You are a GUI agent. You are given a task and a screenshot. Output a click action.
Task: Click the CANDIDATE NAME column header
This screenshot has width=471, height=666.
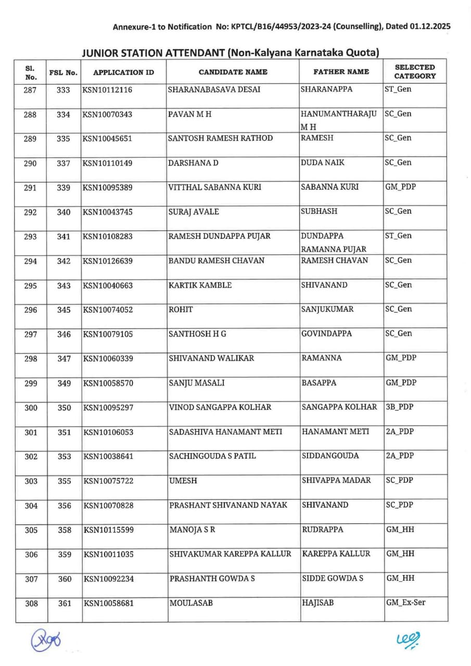coord(233,72)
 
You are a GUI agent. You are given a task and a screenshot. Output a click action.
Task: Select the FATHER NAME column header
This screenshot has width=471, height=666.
coord(341,72)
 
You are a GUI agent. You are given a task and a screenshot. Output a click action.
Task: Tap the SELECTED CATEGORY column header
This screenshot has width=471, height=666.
coord(415,72)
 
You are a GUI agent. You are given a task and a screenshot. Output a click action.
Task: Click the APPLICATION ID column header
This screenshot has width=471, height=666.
coord(124,72)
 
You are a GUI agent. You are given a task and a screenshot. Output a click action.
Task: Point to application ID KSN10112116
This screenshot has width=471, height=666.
coord(108,90)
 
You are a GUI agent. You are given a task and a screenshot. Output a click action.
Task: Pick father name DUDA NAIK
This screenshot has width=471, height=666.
coord(323,163)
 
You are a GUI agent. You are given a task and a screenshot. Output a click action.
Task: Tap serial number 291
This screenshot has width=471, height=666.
coord(31,188)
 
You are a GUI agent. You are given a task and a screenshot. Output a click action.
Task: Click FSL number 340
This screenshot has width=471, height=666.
coord(64,212)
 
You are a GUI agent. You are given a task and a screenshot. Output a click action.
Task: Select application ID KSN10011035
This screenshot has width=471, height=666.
coord(109,555)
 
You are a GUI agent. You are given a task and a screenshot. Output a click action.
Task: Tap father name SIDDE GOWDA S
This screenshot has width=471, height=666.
coord(333,579)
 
